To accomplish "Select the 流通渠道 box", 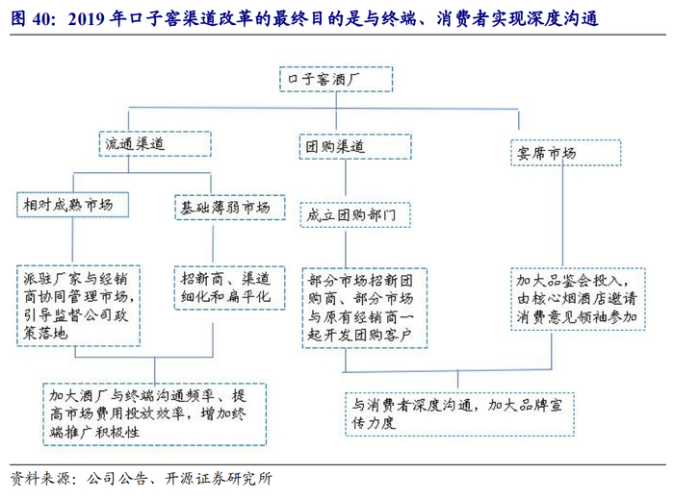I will coord(134,143).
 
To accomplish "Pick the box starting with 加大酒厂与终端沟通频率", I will coord(155,412).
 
